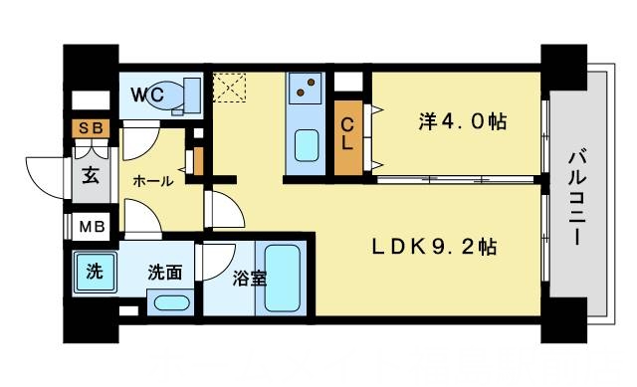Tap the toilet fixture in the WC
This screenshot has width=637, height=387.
(179, 96)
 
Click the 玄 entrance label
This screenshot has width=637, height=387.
(90, 178)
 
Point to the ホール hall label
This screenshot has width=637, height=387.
(152, 181)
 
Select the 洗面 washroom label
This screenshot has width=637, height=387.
(164, 272)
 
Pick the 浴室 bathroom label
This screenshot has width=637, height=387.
(250, 280)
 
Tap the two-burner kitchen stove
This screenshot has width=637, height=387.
(304, 91)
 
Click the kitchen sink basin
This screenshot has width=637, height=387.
(307, 147)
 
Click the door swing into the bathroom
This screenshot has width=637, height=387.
(213, 261)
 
